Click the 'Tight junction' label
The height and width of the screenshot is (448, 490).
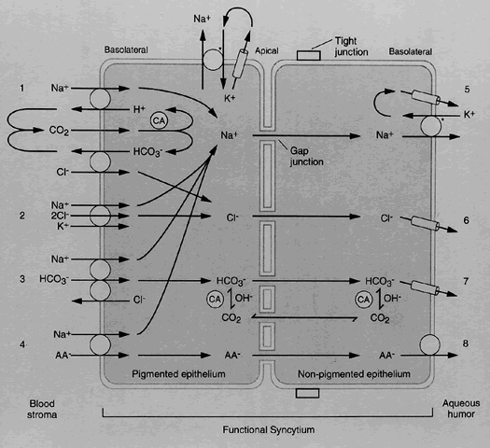tap(351, 47)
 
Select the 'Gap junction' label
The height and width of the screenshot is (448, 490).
tap(306, 156)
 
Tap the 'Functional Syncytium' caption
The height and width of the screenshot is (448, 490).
tap(269, 430)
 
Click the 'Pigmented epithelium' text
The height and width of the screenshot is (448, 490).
tap(178, 374)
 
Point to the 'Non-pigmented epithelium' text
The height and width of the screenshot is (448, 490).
tap(354, 374)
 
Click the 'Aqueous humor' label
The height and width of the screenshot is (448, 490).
tap(461, 409)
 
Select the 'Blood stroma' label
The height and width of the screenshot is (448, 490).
tap(42, 409)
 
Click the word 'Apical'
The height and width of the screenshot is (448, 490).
tap(267, 51)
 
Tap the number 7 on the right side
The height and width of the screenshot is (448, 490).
tap(466, 282)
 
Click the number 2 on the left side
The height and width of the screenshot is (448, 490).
tap(21, 216)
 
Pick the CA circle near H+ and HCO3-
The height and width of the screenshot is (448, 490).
tap(159, 121)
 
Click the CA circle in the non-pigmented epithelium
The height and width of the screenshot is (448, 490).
tap(364, 300)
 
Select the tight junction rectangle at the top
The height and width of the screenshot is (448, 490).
tap(308, 56)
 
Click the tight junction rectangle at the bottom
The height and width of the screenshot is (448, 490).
tap(307, 393)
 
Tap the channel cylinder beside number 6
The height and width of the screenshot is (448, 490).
tap(426, 223)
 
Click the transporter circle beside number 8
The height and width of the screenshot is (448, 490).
tap(430, 345)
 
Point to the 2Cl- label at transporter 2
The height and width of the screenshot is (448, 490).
tap(60, 216)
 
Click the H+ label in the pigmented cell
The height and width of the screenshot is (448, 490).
tap(139, 109)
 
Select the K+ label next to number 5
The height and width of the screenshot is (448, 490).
tap(469, 115)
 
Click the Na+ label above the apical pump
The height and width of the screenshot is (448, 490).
tap(202, 19)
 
